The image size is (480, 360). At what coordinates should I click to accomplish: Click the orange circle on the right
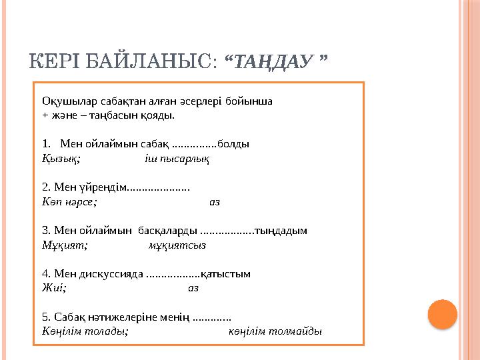[x=442, y=314]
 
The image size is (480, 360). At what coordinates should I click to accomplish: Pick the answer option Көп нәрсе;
[x=69, y=201]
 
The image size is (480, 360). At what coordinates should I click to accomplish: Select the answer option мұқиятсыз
[x=177, y=245]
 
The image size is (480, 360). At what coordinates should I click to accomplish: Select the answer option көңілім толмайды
[x=275, y=331]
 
